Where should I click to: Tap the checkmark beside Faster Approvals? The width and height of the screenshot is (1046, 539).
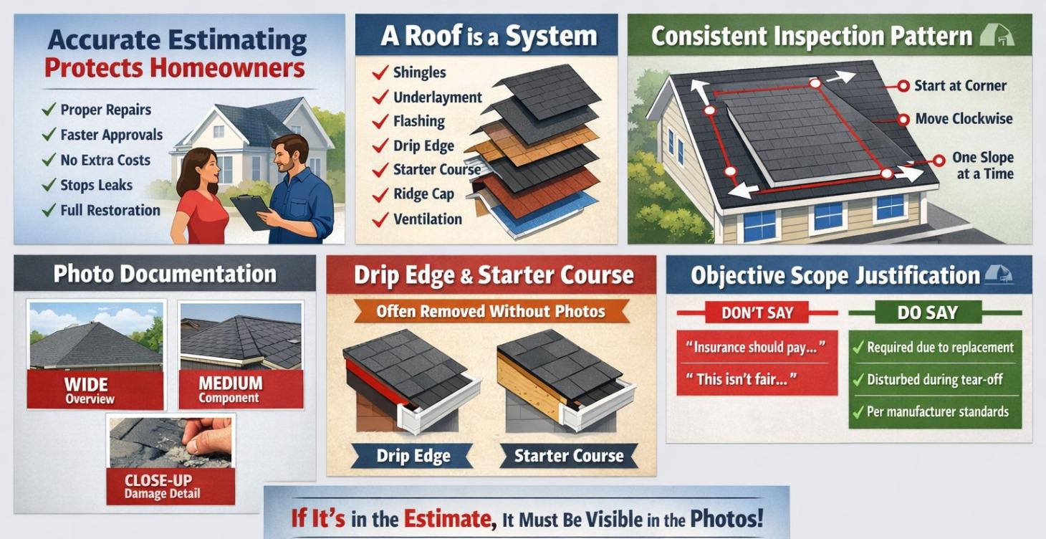(x=49, y=135)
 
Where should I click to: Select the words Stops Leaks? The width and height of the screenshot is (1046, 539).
(x=96, y=185)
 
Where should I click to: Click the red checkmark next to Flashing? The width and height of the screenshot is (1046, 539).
(x=380, y=121)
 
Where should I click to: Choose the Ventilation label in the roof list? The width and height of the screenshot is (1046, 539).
(x=427, y=219)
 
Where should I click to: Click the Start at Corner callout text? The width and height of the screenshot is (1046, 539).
(x=960, y=86)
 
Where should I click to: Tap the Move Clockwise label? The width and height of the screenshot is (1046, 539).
(x=964, y=119)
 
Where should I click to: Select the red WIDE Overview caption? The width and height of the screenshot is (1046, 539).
(x=95, y=390)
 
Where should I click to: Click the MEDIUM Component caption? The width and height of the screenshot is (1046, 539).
(x=241, y=389)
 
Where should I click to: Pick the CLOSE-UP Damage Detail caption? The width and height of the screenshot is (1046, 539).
(x=171, y=486)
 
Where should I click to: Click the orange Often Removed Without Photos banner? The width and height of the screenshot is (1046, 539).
(x=491, y=312)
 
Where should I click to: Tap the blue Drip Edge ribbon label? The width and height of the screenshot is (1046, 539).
(x=413, y=456)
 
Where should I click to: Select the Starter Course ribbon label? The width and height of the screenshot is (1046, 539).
(x=569, y=456)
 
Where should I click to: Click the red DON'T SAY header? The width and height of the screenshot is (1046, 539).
(x=757, y=313)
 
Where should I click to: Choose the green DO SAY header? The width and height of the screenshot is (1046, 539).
(x=928, y=313)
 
